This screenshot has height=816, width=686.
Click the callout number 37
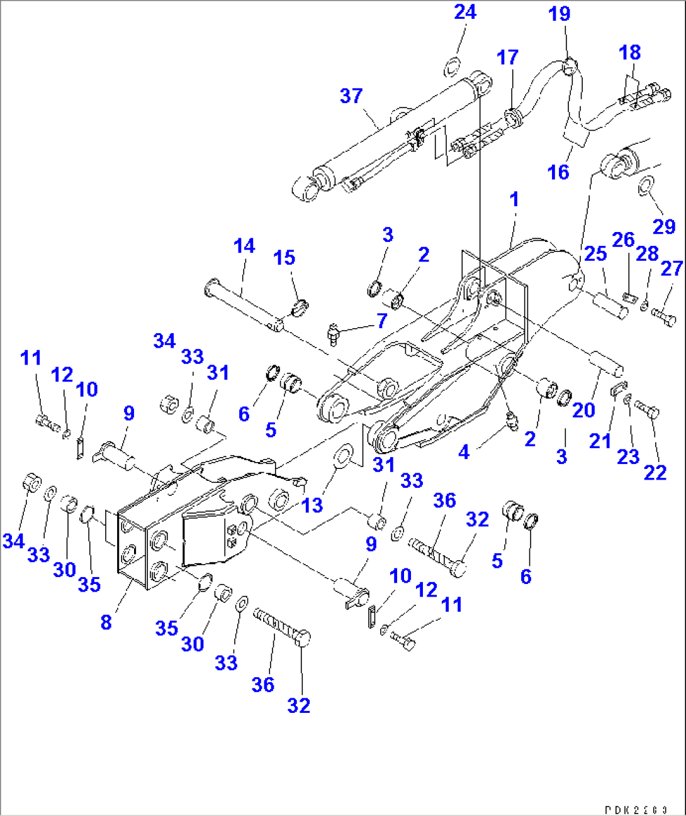(x=351, y=96)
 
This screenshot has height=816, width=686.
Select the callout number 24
(x=465, y=12)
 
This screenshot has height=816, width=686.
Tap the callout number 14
(x=244, y=246)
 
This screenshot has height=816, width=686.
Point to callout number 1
(x=514, y=199)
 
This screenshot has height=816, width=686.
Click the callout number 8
(x=106, y=622)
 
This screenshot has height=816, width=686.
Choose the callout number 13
(x=312, y=505)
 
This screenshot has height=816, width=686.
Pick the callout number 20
(x=583, y=410)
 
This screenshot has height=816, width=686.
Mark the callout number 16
(x=558, y=172)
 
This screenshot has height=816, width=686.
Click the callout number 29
(x=664, y=226)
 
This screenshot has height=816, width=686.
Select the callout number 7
(x=382, y=321)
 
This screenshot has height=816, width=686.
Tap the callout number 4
(x=464, y=451)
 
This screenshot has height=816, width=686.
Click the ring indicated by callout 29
(x=646, y=185)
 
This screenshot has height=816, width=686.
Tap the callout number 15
(x=284, y=258)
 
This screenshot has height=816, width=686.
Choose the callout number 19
(x=559, y=14)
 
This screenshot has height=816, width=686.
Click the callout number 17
(x=507, y=57)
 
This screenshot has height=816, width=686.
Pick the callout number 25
(x=595, y=253)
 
